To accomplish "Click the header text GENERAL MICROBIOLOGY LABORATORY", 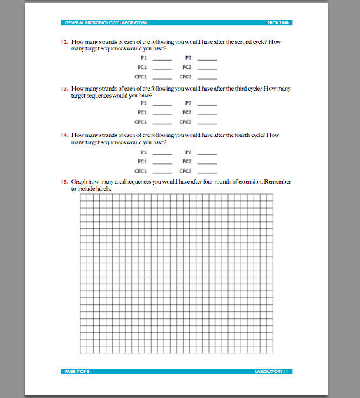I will tap(106, 23).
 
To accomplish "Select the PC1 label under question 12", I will tap(142, 66).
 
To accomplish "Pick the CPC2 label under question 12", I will tap(186, 76).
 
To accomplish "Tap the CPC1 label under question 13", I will tap(141, 122).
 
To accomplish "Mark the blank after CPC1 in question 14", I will tap(162, 172).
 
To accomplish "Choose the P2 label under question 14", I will tap(188, 152).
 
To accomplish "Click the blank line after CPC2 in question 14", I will tap(208, 172).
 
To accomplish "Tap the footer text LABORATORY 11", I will tap(272, 371).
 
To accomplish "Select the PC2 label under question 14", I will tap(187, 161).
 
